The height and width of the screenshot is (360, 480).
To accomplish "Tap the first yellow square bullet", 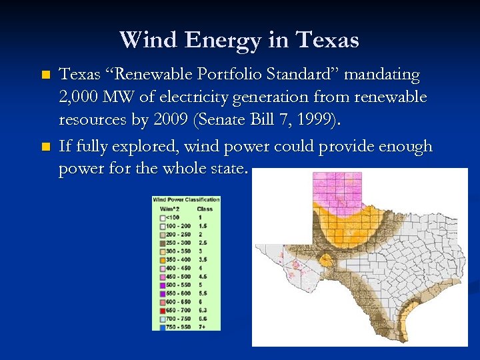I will [x=45, y=75].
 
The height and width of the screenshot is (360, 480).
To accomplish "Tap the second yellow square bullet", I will [x=45, y=146].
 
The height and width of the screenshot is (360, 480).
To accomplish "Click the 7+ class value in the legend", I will [x=201, y=327].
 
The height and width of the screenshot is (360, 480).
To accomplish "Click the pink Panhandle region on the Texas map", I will [x=337, y=190].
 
